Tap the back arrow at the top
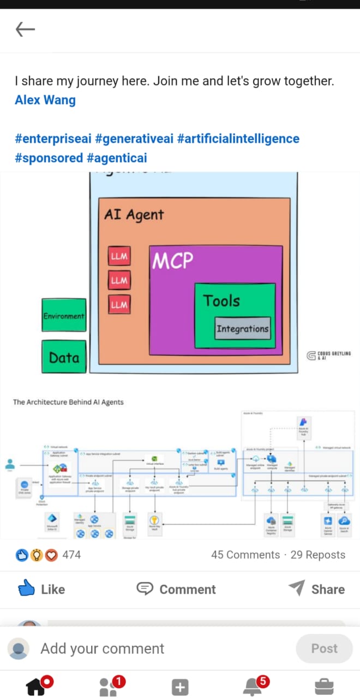coord(25,29)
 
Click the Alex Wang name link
coord(45,100)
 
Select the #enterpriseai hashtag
coord(53,139)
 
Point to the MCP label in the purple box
coord(172,261)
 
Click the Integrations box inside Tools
coord(243,329)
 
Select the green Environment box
coord(64,315)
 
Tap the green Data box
coord(64,357)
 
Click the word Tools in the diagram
coord(221,300)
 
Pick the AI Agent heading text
coord(134,214)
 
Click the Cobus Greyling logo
coord(329,356)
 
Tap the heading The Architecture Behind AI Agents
coord(68,402)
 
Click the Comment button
coord(176,589)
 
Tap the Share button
coord(316,589)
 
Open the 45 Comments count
coord(245,555)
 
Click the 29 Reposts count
coord(317,555)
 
